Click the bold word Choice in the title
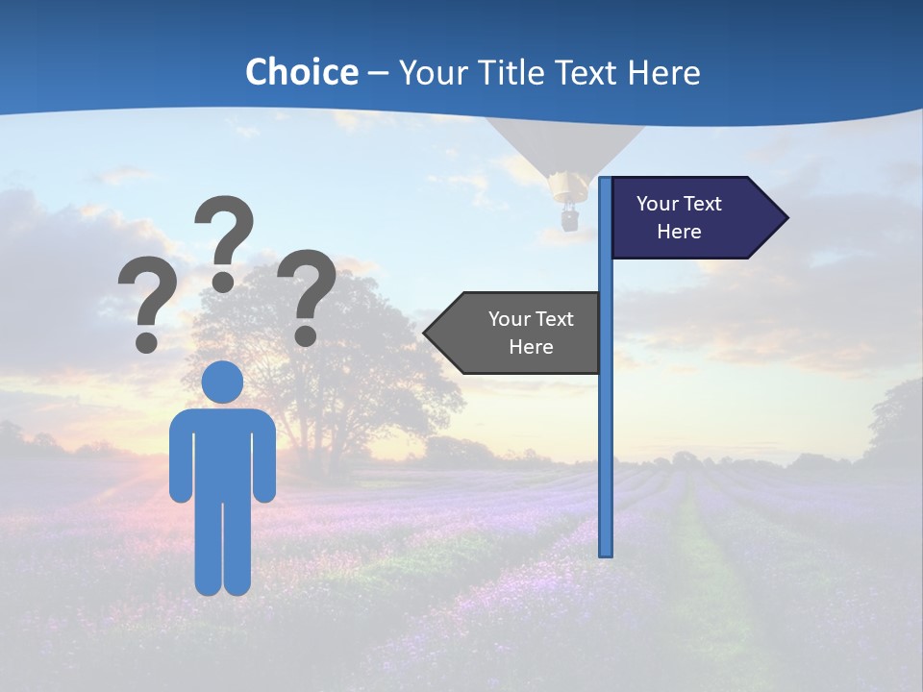[x=301, y=73]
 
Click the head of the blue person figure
[x=223, y=382]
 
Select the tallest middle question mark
[x=224, y=240]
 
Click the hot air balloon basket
[x=570, y=219]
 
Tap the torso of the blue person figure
[x=223, y=452]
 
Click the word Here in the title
[x=662, y=73]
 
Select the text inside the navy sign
[x=679, y=217]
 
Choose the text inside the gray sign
[x=531, y=333]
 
